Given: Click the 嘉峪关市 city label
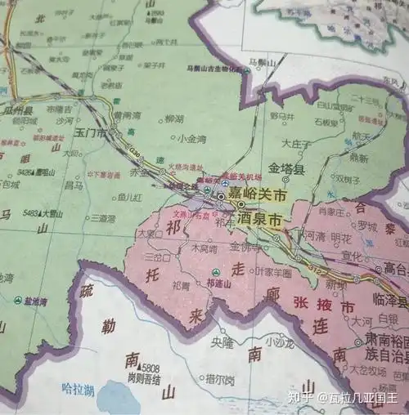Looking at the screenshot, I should (x=258, y=196).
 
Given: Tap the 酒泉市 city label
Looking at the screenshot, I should (x=263, y=220).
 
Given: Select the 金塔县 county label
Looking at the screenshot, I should (x=287, y=171).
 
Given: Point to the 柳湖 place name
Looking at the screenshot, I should (x=173, y=118).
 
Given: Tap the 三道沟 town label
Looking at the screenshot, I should (x=103, y=218).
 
